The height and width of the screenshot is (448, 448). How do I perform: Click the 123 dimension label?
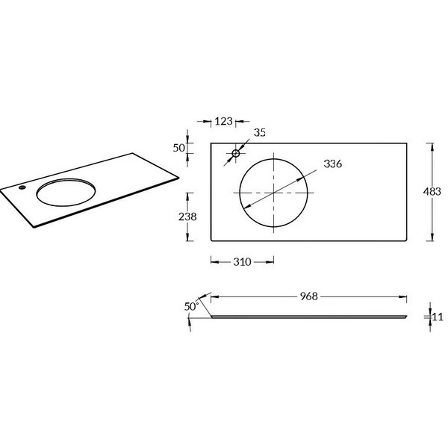point(223,122)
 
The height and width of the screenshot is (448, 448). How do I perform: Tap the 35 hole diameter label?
point(260,132)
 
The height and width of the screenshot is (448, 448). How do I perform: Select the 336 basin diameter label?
point(332,164)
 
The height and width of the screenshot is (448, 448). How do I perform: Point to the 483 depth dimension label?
point(432,191)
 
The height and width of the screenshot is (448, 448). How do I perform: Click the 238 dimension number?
point(187,217)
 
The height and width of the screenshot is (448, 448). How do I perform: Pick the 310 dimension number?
point(242,262)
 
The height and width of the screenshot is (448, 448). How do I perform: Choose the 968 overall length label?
point(309,296)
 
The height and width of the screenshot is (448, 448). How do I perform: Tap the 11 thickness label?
point(438,317)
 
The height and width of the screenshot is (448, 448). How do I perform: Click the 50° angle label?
point(191,307)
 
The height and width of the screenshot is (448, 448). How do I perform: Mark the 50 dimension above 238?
point(179,148)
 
